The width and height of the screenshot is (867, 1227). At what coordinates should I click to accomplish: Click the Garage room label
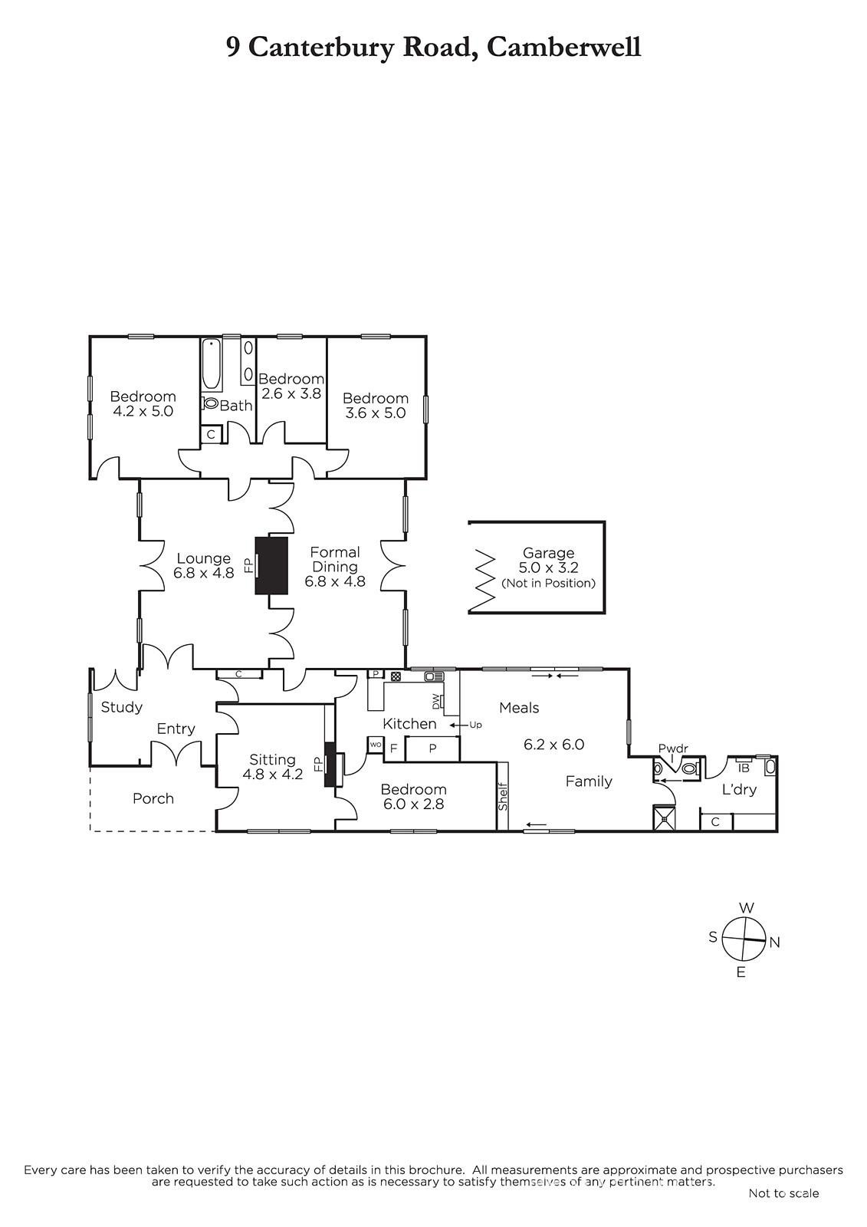(547, 553)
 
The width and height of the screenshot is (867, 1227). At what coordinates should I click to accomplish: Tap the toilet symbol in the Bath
(210, 403)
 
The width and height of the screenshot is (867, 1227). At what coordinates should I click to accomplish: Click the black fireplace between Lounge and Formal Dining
(271, 565)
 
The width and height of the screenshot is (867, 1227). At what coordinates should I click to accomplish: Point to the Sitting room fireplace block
(330, 764)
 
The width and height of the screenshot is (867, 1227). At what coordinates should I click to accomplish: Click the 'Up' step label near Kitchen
(475, 725)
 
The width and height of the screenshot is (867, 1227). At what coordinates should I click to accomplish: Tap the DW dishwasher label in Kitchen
(436, 701)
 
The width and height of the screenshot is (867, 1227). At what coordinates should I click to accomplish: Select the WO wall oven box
(376, 745)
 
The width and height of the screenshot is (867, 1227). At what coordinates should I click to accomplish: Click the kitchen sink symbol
(434, 676)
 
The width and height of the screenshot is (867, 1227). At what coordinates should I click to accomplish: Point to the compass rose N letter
(774, 942)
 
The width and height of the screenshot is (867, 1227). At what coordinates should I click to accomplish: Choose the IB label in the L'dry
(744, 768)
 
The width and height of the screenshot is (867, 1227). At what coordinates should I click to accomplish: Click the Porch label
(153, 798)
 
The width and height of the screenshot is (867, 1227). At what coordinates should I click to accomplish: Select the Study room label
(122, 708)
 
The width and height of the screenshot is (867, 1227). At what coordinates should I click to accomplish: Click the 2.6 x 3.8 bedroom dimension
(291, 393)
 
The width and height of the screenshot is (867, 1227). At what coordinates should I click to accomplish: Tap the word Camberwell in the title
(563, 48)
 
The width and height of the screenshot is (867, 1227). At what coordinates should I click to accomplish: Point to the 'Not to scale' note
(783, 1193)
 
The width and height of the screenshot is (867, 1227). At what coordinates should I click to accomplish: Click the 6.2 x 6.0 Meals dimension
(553, 745)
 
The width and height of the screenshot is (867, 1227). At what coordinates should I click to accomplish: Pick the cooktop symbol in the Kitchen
(396, 676)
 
